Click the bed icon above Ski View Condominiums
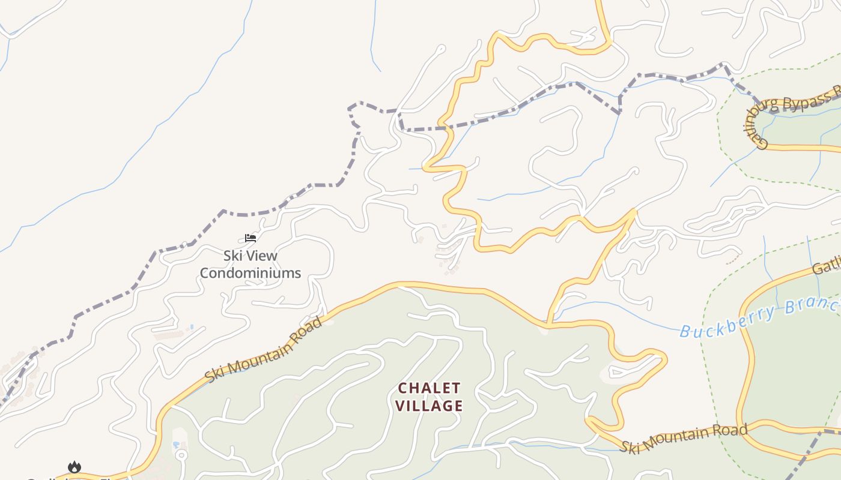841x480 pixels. point(250,238)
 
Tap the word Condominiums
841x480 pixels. point(250,273)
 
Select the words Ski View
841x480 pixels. point(250,256)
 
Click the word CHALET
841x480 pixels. point(429,388)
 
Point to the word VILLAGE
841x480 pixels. point(429,406)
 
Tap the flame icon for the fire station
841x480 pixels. point(74,467)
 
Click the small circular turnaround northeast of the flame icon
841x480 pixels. point(181,455)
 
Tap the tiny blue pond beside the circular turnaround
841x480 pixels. point(175,445)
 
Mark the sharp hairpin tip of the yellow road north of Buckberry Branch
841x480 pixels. point(634,211)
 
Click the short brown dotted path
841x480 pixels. point(733,260)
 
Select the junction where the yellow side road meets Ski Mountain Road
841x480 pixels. point(548,324)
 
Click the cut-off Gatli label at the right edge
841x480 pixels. point(827,266)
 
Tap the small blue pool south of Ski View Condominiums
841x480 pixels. point(192,327)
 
